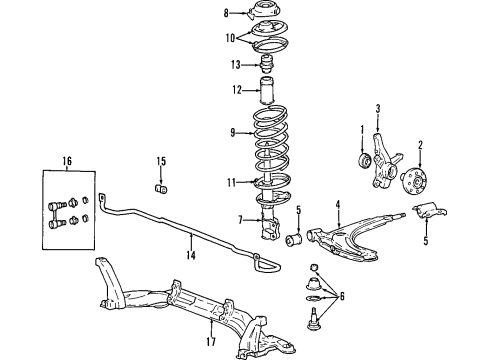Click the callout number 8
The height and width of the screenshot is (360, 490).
point(226,13)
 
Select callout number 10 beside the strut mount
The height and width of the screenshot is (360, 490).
point(229,38)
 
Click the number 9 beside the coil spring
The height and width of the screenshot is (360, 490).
point(234,131)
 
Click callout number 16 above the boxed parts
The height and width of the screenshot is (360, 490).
point(68,159)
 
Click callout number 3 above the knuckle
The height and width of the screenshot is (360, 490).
point(379,109)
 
